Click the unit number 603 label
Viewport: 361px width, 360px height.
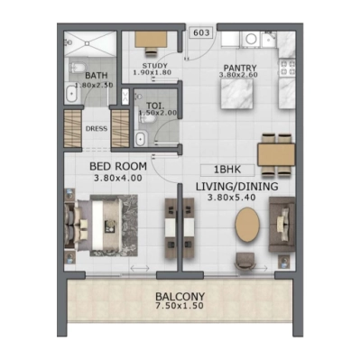[x=201, y=33]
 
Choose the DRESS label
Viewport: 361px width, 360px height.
[x=97, y=129]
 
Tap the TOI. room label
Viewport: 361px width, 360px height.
[x=155, y=106]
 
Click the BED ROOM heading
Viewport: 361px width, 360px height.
[x=117, y=167]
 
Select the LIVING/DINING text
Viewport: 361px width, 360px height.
[x=236, y=187]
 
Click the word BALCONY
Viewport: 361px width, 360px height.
[x=180, y=297]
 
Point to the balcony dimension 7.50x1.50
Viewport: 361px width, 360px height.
[x=180, y=308]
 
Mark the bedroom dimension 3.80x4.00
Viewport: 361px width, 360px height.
[x=117, y=179]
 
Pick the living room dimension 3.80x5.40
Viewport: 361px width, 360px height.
[x=236, y=198]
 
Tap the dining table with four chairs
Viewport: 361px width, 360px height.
[x=277, y=154]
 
